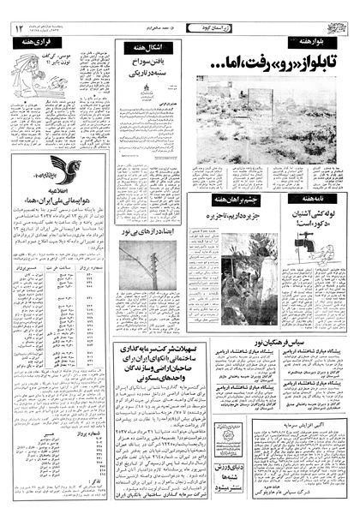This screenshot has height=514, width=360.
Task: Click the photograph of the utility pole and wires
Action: tap(147, 274)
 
